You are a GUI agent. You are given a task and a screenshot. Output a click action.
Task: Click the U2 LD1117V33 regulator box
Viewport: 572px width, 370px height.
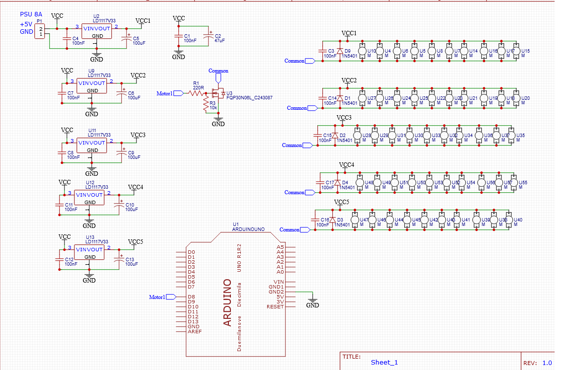[98, 32]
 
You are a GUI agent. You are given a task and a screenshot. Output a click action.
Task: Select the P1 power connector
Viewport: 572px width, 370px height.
[41, 31]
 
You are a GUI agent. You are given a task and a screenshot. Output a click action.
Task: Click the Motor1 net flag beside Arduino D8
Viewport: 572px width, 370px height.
[171, 297]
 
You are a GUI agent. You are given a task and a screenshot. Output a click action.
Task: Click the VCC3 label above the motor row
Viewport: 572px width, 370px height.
[344, 118]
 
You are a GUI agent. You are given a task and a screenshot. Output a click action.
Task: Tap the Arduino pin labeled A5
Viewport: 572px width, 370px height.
[280, 247]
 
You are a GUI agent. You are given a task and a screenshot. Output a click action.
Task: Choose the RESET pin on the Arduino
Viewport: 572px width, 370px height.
[275, 306]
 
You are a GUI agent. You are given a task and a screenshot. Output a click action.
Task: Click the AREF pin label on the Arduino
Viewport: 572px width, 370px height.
[194, 331]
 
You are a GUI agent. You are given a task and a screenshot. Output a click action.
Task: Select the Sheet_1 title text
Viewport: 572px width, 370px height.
[384, 362]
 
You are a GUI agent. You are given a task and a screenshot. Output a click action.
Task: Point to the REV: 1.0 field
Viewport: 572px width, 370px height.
[537, 363]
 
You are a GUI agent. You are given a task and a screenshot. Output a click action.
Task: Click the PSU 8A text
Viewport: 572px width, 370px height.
[31, 15]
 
